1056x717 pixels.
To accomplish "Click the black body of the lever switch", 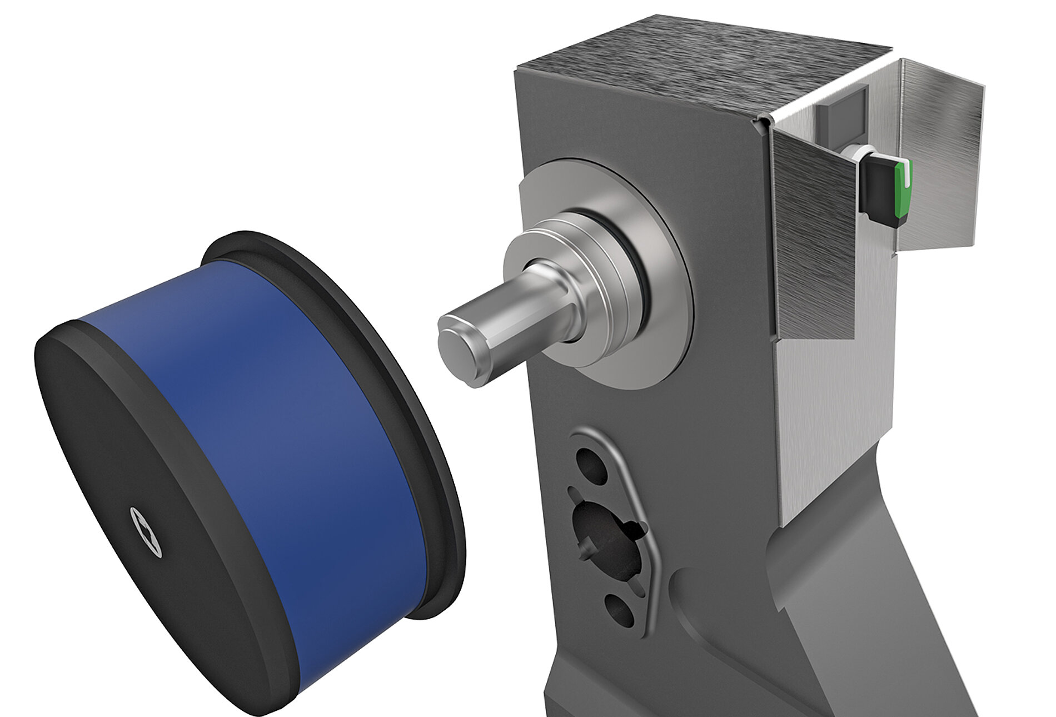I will click(x=876, y=189).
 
